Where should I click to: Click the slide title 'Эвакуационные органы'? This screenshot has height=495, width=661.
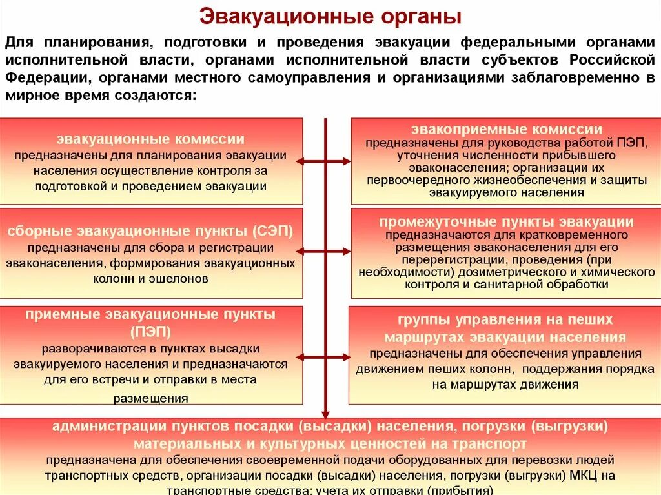(330, 16)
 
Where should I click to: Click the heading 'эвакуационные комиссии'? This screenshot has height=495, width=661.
(150, 139)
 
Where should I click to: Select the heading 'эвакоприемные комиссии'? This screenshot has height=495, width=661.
(506, 129)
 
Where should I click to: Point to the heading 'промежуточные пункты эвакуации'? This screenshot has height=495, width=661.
(506, 221)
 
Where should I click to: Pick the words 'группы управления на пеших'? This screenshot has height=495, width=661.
(505, 320)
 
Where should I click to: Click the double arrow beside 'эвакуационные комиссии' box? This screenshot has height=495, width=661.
(326, 161)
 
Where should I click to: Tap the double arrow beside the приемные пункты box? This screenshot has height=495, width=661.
(326, 354)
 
